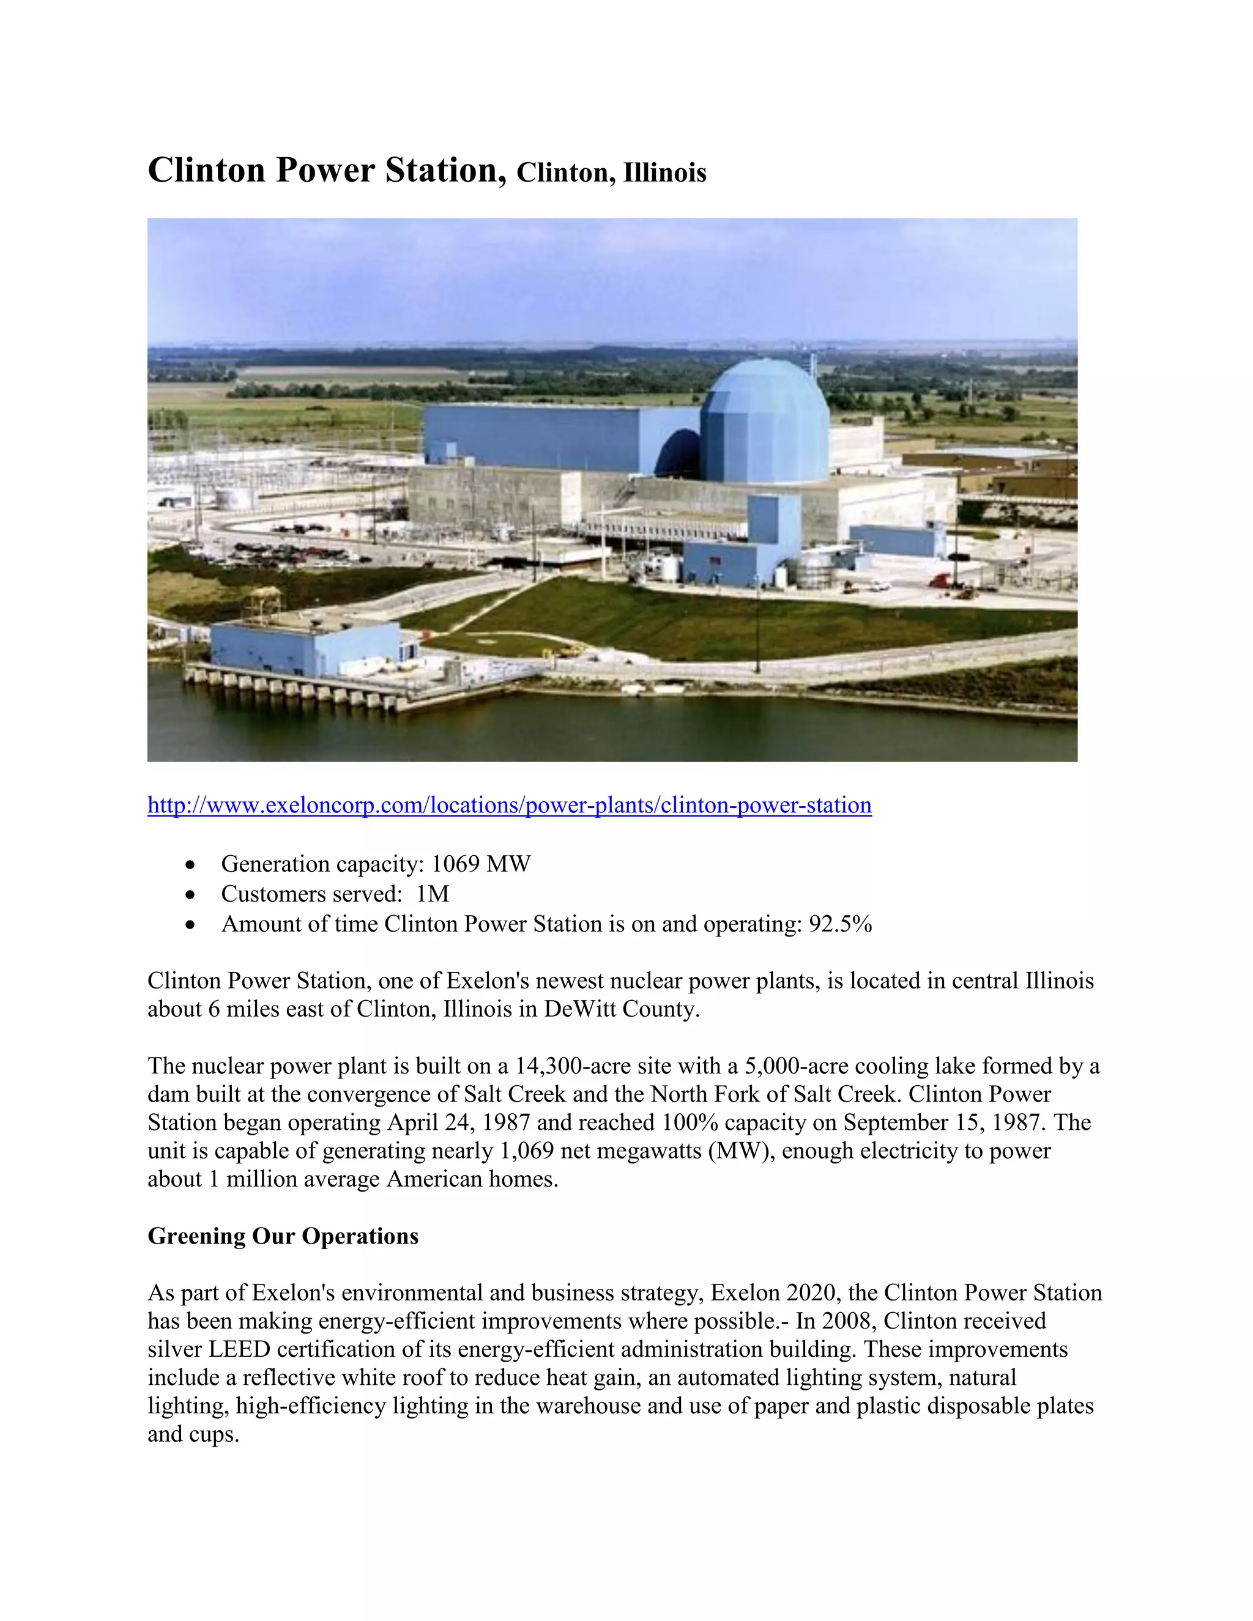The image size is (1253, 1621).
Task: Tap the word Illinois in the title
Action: [664, 173]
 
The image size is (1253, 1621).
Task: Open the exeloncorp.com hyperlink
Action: [509, 806]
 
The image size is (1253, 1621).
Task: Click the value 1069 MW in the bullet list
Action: [480, 864]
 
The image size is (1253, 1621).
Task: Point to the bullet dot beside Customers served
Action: [191, 895]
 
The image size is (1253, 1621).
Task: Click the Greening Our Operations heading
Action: [283, 1236]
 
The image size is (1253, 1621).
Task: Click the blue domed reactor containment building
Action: [765, 423]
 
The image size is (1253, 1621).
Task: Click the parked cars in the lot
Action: [297, 553]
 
